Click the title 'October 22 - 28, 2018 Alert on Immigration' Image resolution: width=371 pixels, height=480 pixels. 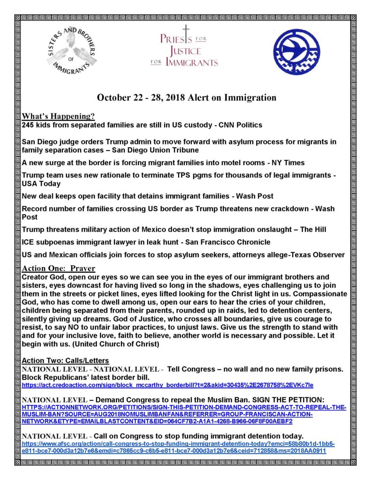tap(186, 97)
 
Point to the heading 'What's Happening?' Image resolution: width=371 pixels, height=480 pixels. tap(58, 116)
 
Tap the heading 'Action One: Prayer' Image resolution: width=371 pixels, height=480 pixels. tap(59, 269)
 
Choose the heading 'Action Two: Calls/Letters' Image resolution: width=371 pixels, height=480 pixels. tap(65, 361)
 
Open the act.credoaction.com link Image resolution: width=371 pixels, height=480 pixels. tap(167, 385)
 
